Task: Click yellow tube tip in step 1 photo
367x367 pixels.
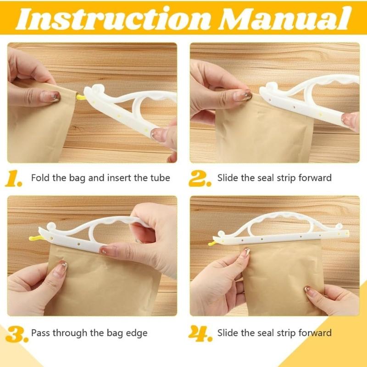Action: point(80,97)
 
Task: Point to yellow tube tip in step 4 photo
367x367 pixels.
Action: point(212,243)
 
